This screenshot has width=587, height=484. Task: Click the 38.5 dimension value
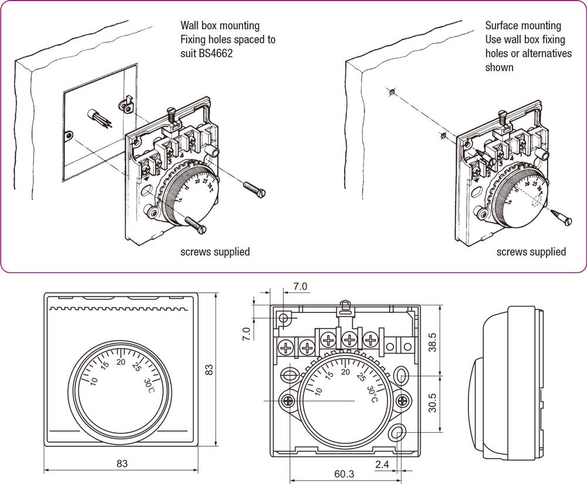point(433,342)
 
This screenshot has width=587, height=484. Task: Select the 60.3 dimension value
point(344,473)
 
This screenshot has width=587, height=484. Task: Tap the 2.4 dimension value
point(382,465)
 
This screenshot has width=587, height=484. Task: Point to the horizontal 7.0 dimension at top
point(300,286)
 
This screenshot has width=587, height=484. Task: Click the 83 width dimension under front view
point(122,463)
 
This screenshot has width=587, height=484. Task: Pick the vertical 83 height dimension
point(208,370)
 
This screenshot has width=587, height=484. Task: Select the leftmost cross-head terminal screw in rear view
point(286,348)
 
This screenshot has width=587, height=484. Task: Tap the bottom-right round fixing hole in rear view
point(397,434)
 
